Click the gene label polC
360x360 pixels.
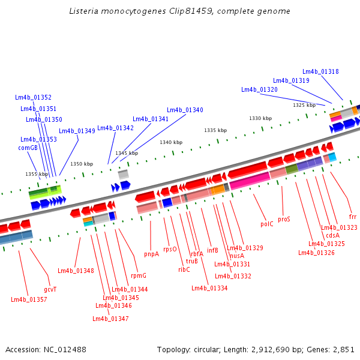tap(267, 224)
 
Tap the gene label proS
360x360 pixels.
tap(284, 219)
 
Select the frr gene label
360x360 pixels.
tap(352, 216)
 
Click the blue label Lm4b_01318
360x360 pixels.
tap(320, 71)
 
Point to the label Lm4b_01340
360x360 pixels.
tap(185, 110)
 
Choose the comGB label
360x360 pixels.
tap(28, 148)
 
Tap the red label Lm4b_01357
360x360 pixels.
tap(29, 299)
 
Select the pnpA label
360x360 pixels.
tap(152, 254)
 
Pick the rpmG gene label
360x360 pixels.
tap(139, 275)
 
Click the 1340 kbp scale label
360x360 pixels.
tap(171, 142)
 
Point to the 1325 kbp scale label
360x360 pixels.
tap(304, 105)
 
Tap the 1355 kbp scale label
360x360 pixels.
tap(37, 174)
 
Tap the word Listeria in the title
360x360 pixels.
tap(85, 11)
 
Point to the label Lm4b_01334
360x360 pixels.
tap(209, 288)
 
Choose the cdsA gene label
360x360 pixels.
tap(332, 235)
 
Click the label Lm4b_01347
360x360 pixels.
tap(110, 319)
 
